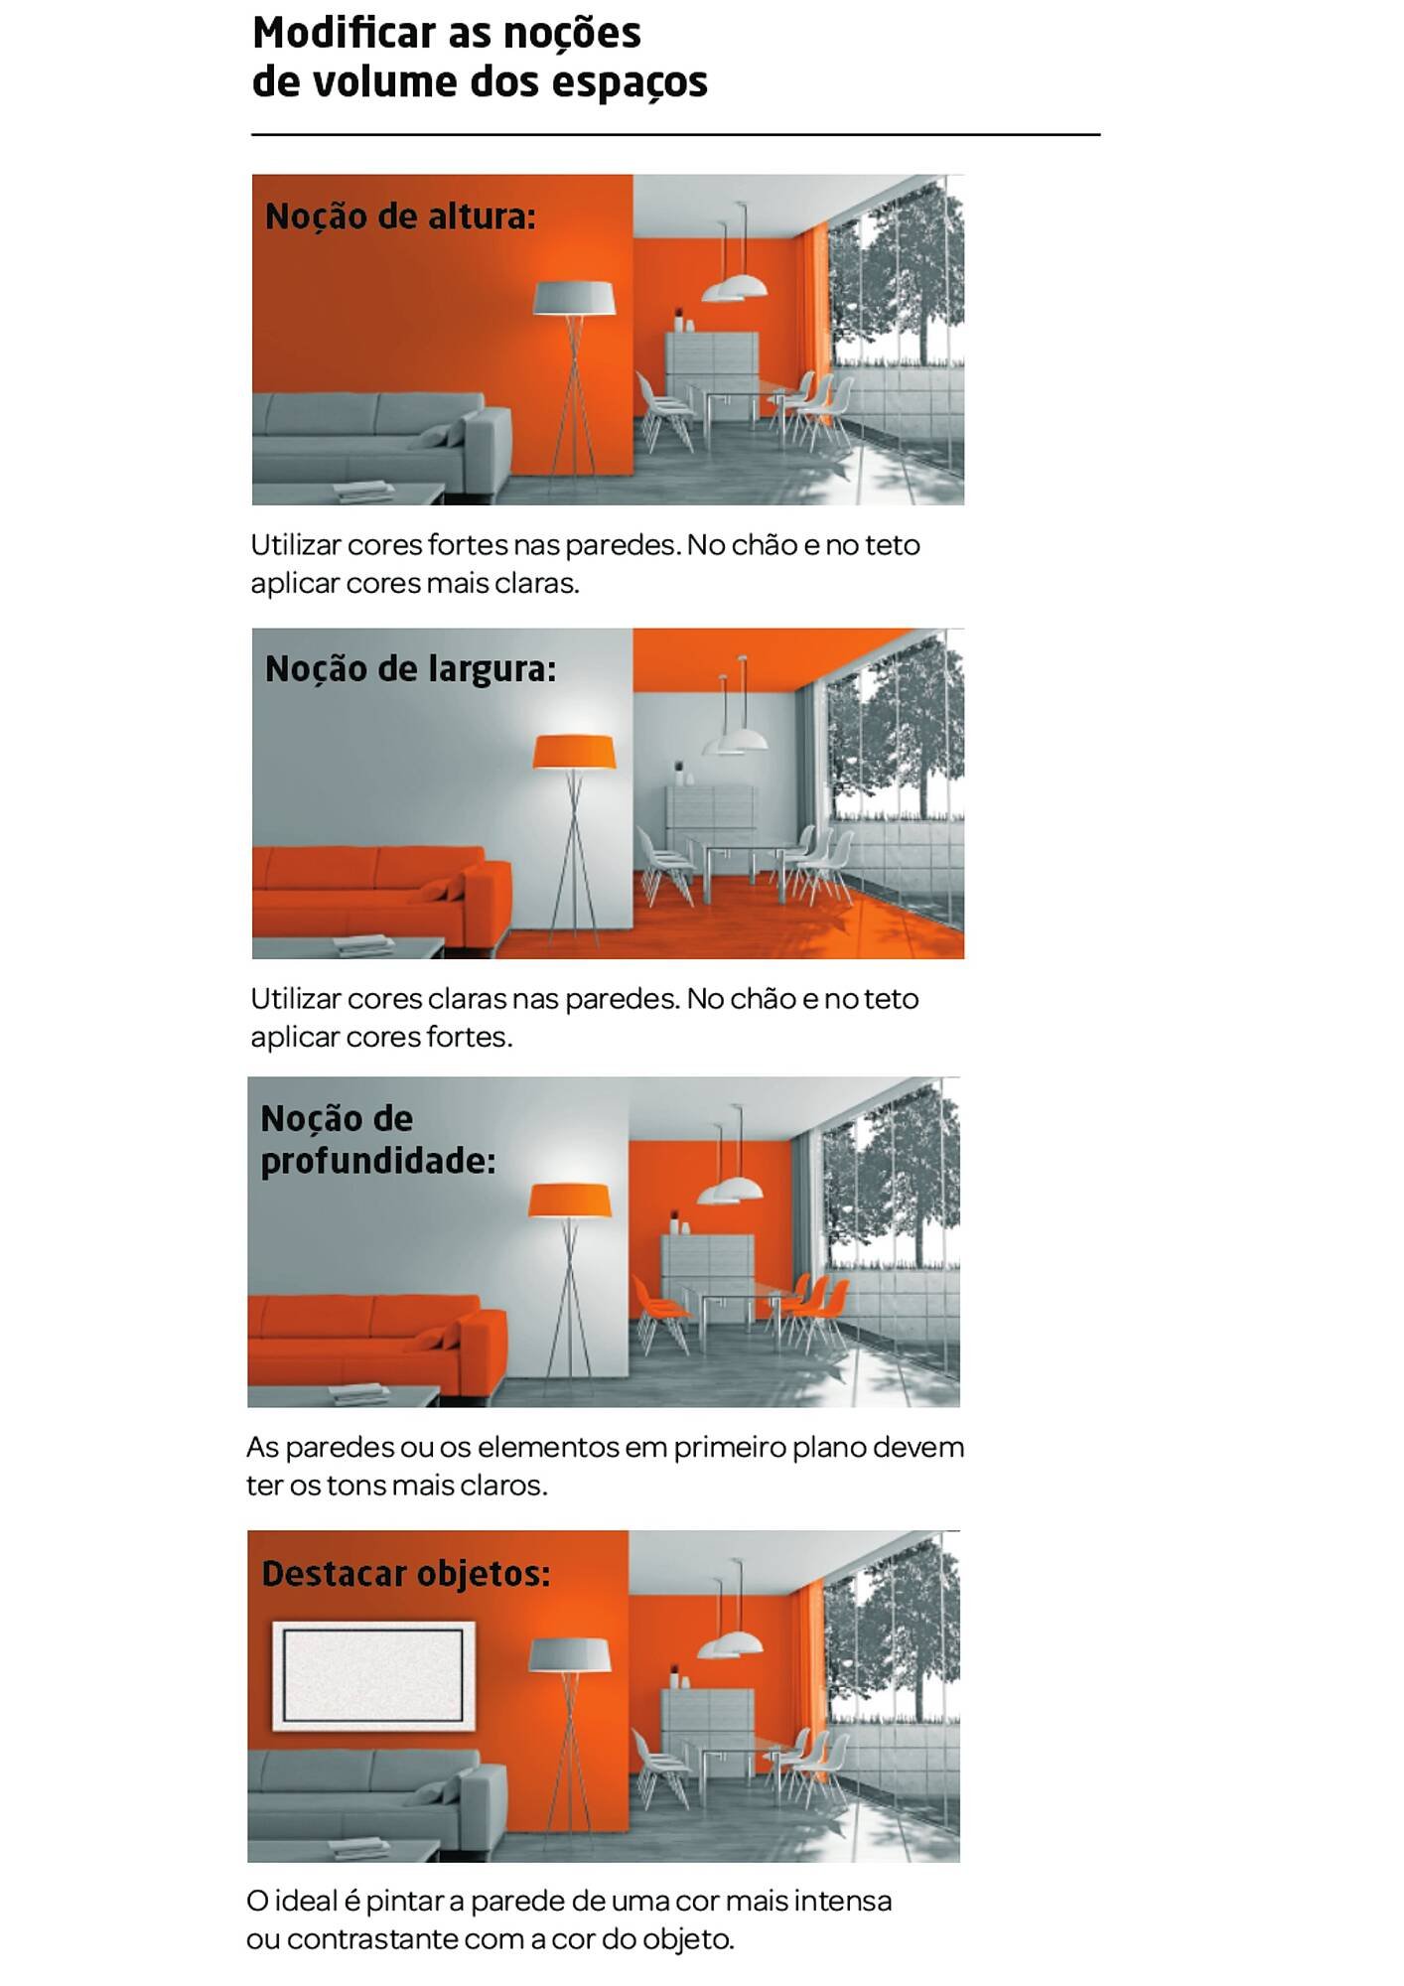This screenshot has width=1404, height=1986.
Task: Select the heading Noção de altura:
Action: (x=400, y=216)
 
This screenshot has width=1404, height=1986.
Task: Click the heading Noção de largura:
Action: (x=410, y=669)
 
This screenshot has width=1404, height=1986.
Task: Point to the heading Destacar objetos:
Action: (x=405, y=1574)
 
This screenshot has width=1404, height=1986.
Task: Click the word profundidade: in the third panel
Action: (x=377, y=1161)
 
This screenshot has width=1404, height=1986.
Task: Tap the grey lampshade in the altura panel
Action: (x=574, y=298)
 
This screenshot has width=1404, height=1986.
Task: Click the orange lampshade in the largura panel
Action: (x=574, y=752)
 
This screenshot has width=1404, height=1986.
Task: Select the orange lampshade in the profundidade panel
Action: (x=569, y=1201)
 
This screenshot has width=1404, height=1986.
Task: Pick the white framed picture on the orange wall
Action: (x=373, y=1676)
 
